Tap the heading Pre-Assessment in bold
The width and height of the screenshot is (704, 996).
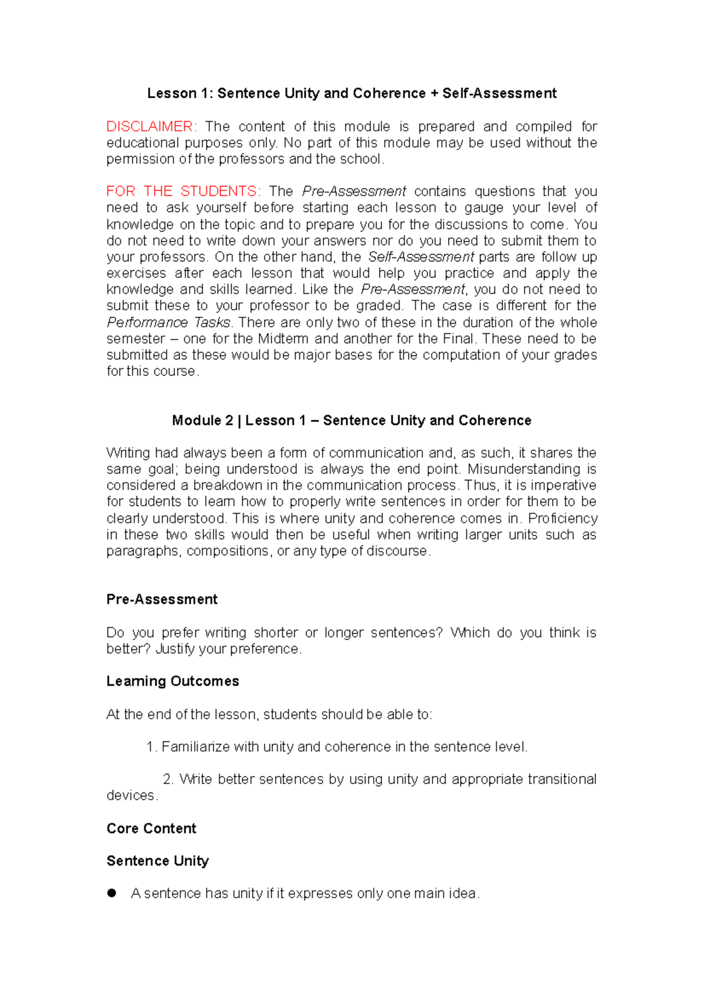pyautogui.click(x=162, y=599)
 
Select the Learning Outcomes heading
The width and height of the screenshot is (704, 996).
pyautogui.click(x=172, y=681)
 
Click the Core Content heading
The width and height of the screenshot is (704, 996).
pyautogui.click(x=151, y=828)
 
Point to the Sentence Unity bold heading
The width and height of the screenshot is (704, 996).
pyautogui.click(x=157, y=861)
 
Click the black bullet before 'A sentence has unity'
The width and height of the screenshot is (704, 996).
pyautogui.click(x=112, y=893)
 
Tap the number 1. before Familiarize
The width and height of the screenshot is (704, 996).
pyautogui.click(x=151, y=747)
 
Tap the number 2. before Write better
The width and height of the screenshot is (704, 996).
pyautogui.click(x=168, y=779)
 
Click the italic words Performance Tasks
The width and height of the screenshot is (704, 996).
pyautogui.click(x=169, y=323)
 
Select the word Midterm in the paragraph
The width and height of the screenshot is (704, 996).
pyautogui.click(x=283, y=338)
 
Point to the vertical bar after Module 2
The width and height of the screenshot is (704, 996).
pyautogui.click(x=239, y=421)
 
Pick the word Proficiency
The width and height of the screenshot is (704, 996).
pyautogui.click(x=563, y=519)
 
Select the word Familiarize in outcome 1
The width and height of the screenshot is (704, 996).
pyautogui.click(x=195, y=747)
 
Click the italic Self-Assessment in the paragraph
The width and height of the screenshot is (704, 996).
pyautogui.click(x=421, y=257)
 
